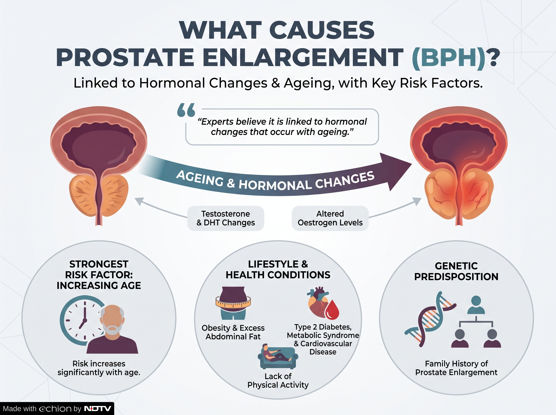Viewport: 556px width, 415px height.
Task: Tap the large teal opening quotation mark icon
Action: click(186, 110)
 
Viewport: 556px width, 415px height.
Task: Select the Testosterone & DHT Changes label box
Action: click(226, 218)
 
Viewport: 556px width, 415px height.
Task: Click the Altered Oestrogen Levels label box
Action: click(330, 218)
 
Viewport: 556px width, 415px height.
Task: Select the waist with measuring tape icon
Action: click(233, 303)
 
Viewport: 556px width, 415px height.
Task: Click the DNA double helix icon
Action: click(430, 319)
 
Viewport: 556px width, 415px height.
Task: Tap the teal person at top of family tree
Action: click(476, 305)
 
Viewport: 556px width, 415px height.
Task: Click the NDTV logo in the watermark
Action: click(98, 409)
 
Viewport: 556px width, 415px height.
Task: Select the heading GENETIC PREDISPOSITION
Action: click(456, 271)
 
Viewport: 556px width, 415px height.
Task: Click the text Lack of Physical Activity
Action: click(278, 380)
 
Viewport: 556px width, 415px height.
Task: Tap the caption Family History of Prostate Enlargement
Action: click(456, 368)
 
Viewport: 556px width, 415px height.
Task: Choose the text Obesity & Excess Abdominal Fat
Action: click(233, 332)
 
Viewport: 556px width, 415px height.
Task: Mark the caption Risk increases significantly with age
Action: click(99, 368)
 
